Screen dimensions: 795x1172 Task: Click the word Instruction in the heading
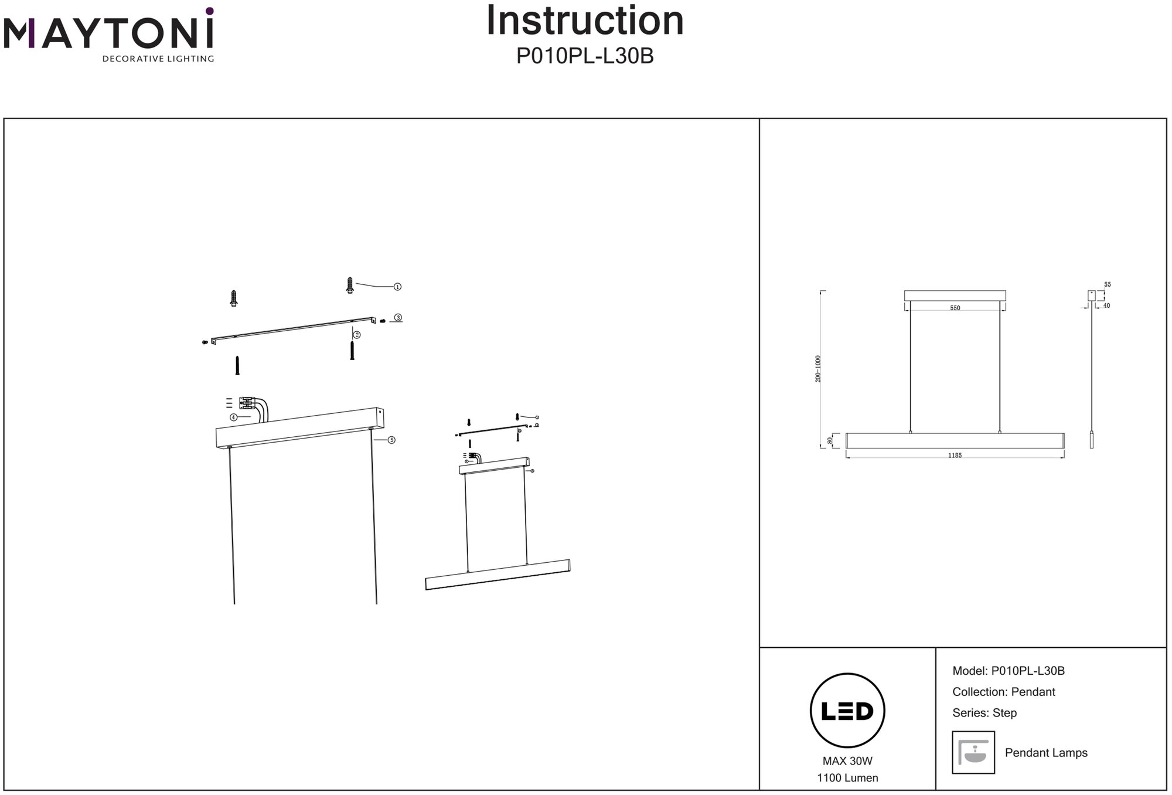coord(585,21)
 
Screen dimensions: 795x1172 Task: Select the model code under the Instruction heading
coord(585,56)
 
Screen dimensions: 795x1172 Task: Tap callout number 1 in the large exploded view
coord(397,287)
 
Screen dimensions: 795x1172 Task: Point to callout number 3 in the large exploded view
coord(398,318)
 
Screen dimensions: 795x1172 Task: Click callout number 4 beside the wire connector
coord(233,417)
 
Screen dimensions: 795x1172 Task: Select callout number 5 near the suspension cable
coord(391,440)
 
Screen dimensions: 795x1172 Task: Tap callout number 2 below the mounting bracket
coord(357,335)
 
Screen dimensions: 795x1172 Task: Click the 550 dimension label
coord(955,308)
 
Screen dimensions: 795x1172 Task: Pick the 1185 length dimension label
coord(955,456)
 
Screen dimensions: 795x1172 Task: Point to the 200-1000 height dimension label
coord(818,369)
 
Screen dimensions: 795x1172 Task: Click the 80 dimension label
coord(830,440)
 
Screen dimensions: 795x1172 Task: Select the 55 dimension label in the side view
coord(1107,285)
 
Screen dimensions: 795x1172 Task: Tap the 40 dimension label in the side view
coord(1106,305)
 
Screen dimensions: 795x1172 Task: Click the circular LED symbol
coord(847,711)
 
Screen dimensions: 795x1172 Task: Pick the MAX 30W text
coord(847,761)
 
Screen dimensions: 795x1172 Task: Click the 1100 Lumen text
coord(847,778)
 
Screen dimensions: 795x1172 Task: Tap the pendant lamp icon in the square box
coord(973,752)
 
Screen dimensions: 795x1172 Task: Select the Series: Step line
coord(984,713)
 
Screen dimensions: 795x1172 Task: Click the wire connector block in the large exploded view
coord(247,403)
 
